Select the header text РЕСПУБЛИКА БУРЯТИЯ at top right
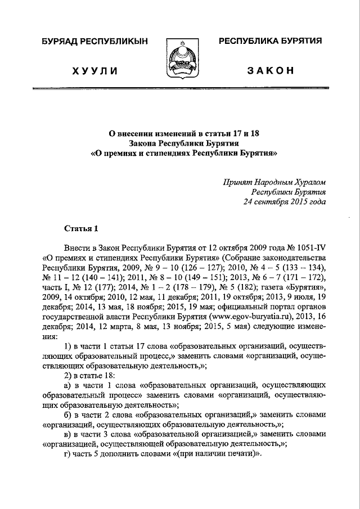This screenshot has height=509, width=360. pyautogui.click(x=270, y=42)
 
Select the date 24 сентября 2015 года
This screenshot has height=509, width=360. pyautogui.click(x=284, y=201)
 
